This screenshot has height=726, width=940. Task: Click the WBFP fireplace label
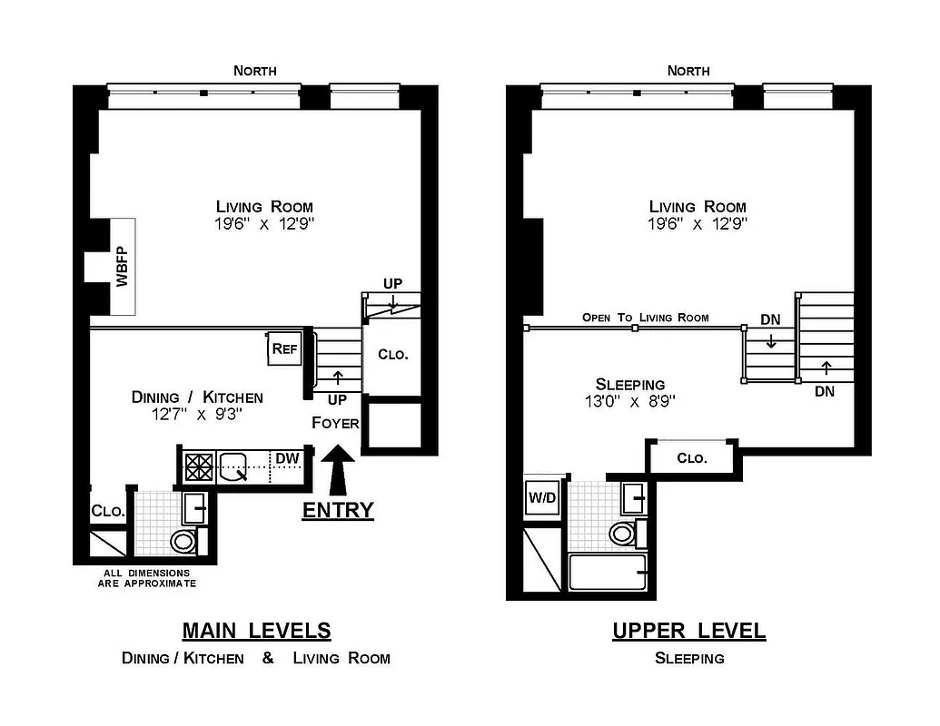pyautogui.click(x=122, y=267)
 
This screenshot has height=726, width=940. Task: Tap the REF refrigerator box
pyautogui.click(x=282, y=348)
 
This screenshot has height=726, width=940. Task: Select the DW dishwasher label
pyautogui.click(x=287, y=459)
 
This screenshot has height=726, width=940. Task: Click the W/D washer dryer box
pyautogui.click(x=542, y=498)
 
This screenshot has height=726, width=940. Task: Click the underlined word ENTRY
pyautogui.click(x=338, y=510)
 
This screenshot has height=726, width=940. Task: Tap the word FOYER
pyautogui.click(x=335, y=423)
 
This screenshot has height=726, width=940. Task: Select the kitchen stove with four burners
pyautogui.click(x=198, y=466)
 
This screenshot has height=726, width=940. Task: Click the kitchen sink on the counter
pyautogui.click(x=237, y=466)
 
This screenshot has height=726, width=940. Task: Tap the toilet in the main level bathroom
pyautogui.click(x=183, y=542)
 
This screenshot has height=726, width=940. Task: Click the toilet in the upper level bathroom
pyautogui.click(x=623, y=533)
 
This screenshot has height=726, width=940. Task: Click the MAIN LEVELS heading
pyautogui.click(x=256, y=630)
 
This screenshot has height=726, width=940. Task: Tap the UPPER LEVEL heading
pyautogui.click(x=688, y=630)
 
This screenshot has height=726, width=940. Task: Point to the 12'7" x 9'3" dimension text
pyautogui.click(x=197, y=415)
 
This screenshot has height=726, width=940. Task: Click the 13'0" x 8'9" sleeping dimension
pyautogui.click(x=629, y=400)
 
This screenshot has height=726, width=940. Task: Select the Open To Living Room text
pyautogui.click(x=645, y=318)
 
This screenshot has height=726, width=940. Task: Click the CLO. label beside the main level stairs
pyautogui.click(x=392, y=355)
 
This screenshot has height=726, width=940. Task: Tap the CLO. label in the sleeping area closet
pyautogui.click(x=691, y=458)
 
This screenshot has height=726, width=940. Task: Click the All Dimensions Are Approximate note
pyautogui.click(x=146, y=578)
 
